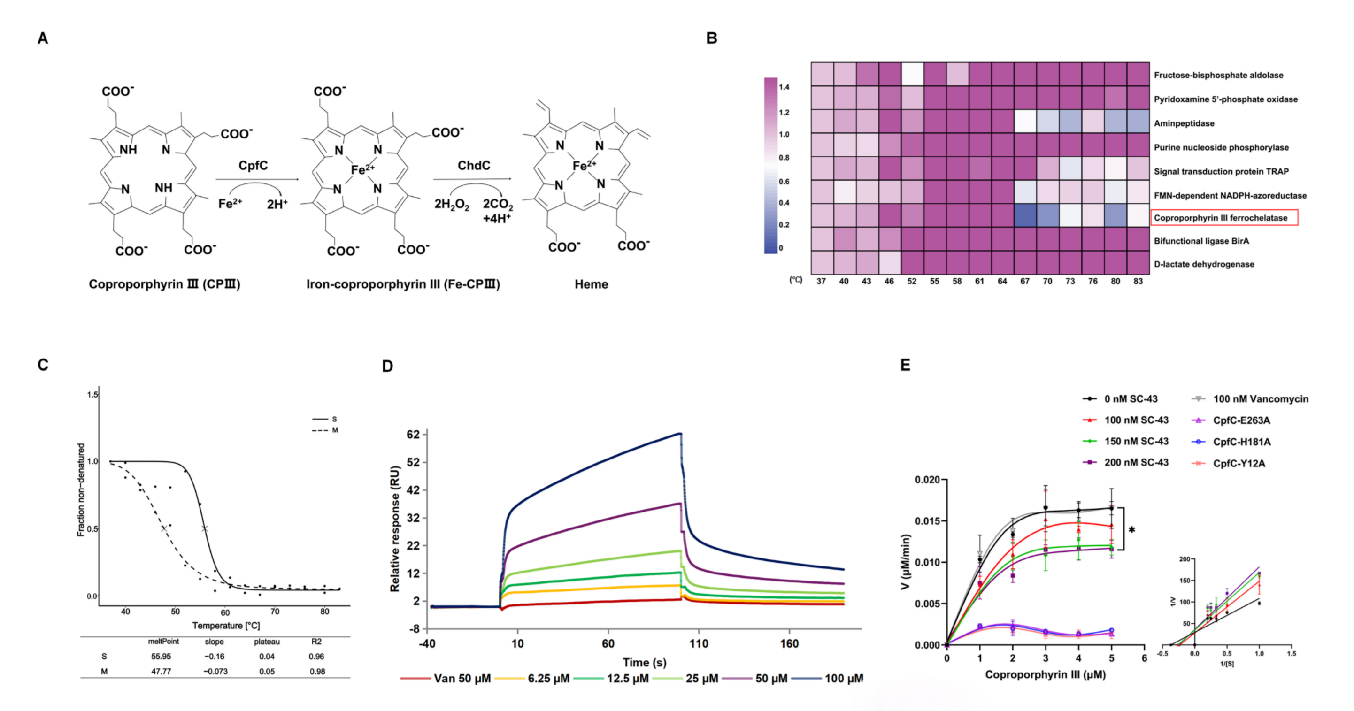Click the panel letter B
point(712,38)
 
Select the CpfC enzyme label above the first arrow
point(253,166)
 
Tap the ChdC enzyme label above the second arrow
point(474,166)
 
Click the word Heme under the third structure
point(592,284)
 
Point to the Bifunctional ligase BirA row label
point(1201,241)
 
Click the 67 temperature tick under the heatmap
point(1025,281)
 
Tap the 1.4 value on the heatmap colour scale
point(784,87)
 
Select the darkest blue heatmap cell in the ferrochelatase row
point(1025,215)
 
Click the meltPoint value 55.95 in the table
point(161,657)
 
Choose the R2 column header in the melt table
point(316,642)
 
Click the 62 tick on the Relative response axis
point(413,435)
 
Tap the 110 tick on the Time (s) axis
point(699,644)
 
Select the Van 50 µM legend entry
point(446,679)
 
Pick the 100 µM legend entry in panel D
point(827,679)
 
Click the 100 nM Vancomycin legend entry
point(1250,399)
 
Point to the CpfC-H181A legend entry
point(1231,442)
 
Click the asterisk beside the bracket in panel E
point(1131,530)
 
